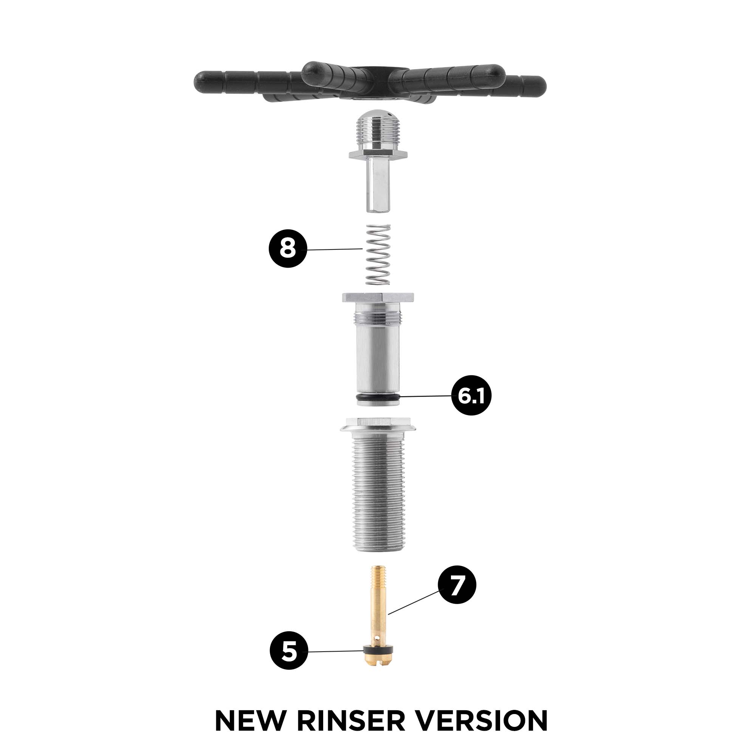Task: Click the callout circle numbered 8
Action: (x=288, y=248)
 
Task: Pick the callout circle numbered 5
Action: (x=289, y=652)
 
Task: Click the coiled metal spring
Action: (x=378, y=254)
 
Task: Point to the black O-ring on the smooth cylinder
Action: (x=378, y=398)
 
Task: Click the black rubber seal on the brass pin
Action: (x=378, y=650)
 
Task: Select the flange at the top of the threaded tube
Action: (x=378, y=425)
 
